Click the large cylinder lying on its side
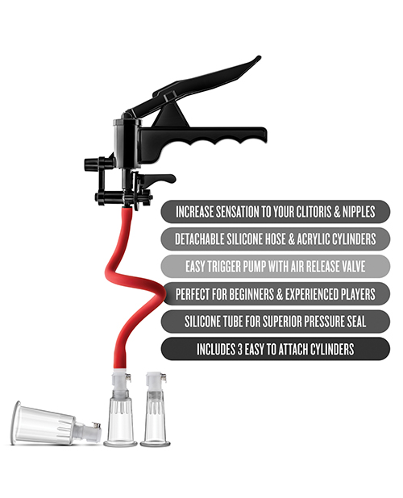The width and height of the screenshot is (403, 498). point(45,422)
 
